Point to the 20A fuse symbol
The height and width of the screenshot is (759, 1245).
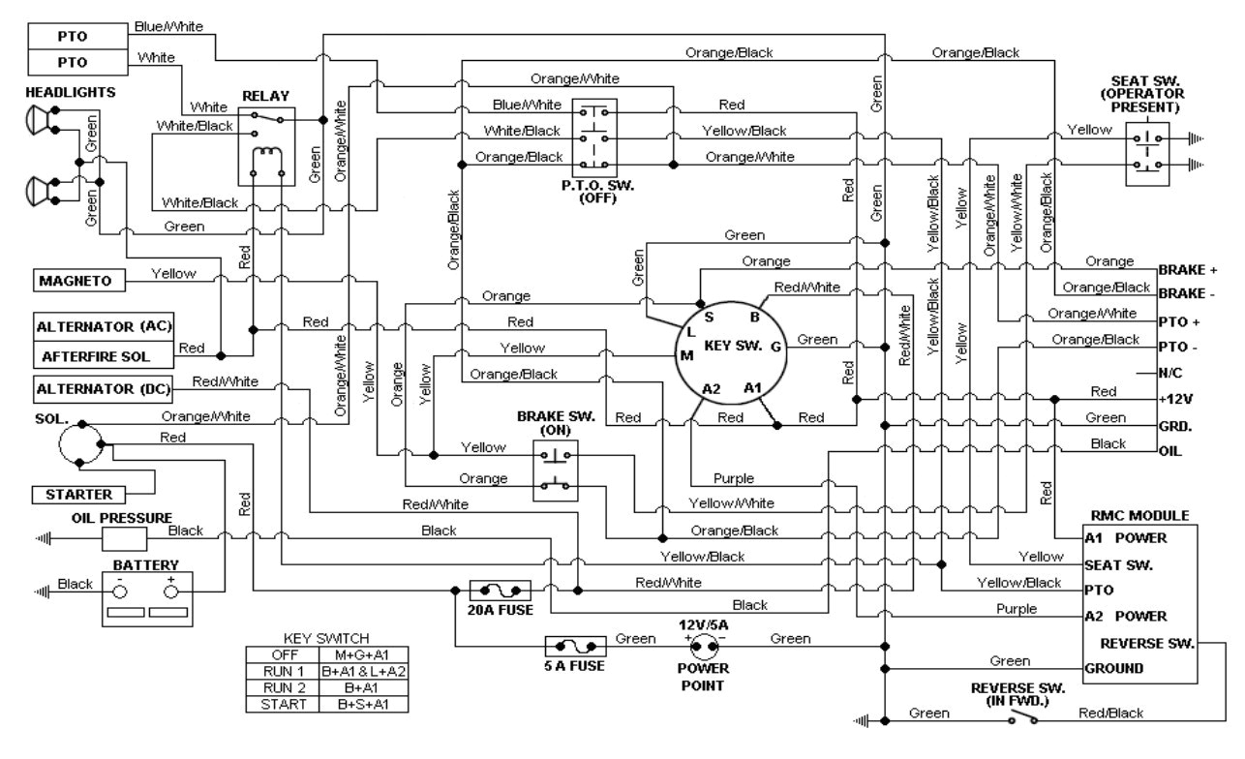500,590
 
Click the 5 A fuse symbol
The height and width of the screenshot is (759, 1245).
576,645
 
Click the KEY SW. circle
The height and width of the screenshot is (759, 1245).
732,345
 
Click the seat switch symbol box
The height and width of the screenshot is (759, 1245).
1148,152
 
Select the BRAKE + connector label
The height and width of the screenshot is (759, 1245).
1186,270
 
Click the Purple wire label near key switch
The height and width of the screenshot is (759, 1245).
733,478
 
